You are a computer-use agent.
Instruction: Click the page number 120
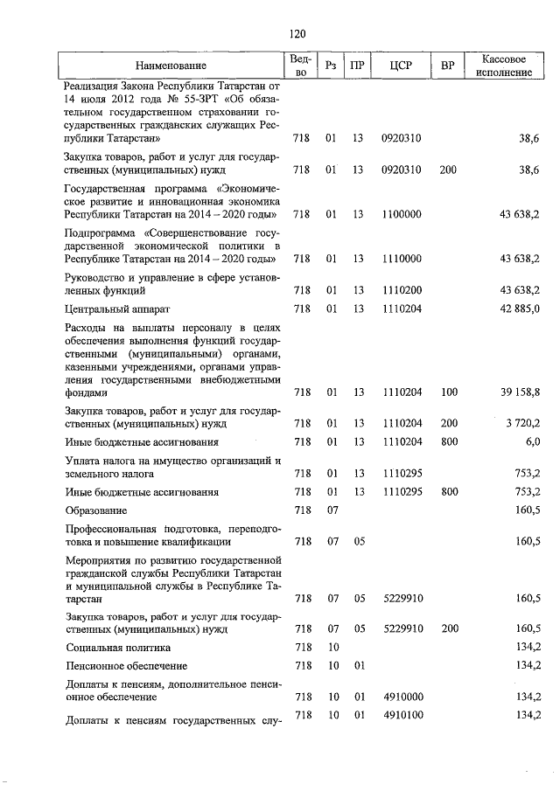[x=297, y=34]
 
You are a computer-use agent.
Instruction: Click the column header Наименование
[x=171, y=66]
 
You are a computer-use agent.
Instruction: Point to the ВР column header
[x=448, y=66]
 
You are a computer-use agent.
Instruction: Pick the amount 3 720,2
[x=523, y=423]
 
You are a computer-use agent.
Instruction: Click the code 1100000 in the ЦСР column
[x=402, y=213]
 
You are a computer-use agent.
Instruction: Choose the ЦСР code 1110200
[x=402, y=288]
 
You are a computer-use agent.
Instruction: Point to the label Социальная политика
[x=118, y=648]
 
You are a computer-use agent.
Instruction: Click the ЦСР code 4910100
[x=402, y=716]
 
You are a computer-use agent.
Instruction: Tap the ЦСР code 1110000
[x=402, y=258]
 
